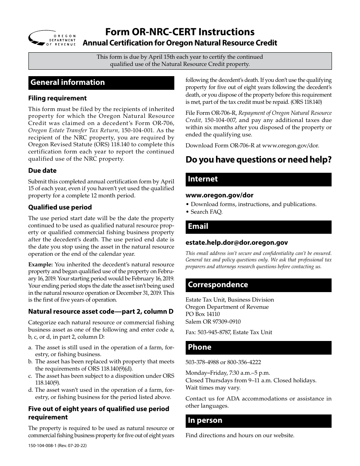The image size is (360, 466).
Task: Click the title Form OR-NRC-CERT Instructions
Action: tap(180, 31)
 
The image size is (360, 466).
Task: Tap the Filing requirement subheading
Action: tap(57, 98)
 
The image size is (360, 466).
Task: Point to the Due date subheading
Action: tap(42, 170)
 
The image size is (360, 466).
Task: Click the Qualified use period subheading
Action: tap(60, 207)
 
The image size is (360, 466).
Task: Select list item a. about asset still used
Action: tap(100, 351)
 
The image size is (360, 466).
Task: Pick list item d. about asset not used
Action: tap(100, 393)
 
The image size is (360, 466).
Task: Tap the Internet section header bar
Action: tap(258, 179)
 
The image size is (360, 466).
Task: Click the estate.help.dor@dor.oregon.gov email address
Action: tap(236, 242)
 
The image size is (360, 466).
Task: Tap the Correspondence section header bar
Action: tap(258, 285)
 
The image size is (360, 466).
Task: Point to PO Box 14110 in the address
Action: tap(202, 314)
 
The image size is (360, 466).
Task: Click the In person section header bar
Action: tap(258, 421)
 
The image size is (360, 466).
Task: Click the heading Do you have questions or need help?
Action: tap(258, 160)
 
